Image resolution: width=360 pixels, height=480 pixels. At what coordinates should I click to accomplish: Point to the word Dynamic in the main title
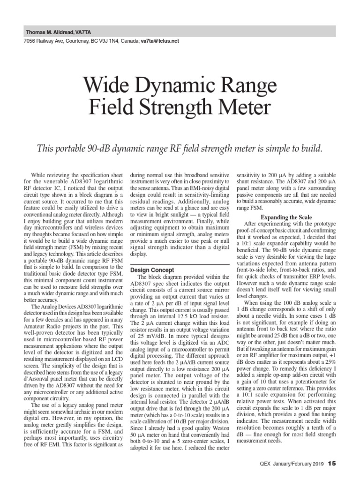tap(174, 87)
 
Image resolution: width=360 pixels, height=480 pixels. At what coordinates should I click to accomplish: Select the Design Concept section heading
tap(152, 270)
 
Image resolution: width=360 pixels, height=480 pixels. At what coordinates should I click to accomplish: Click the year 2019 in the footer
tap(317, 464)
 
